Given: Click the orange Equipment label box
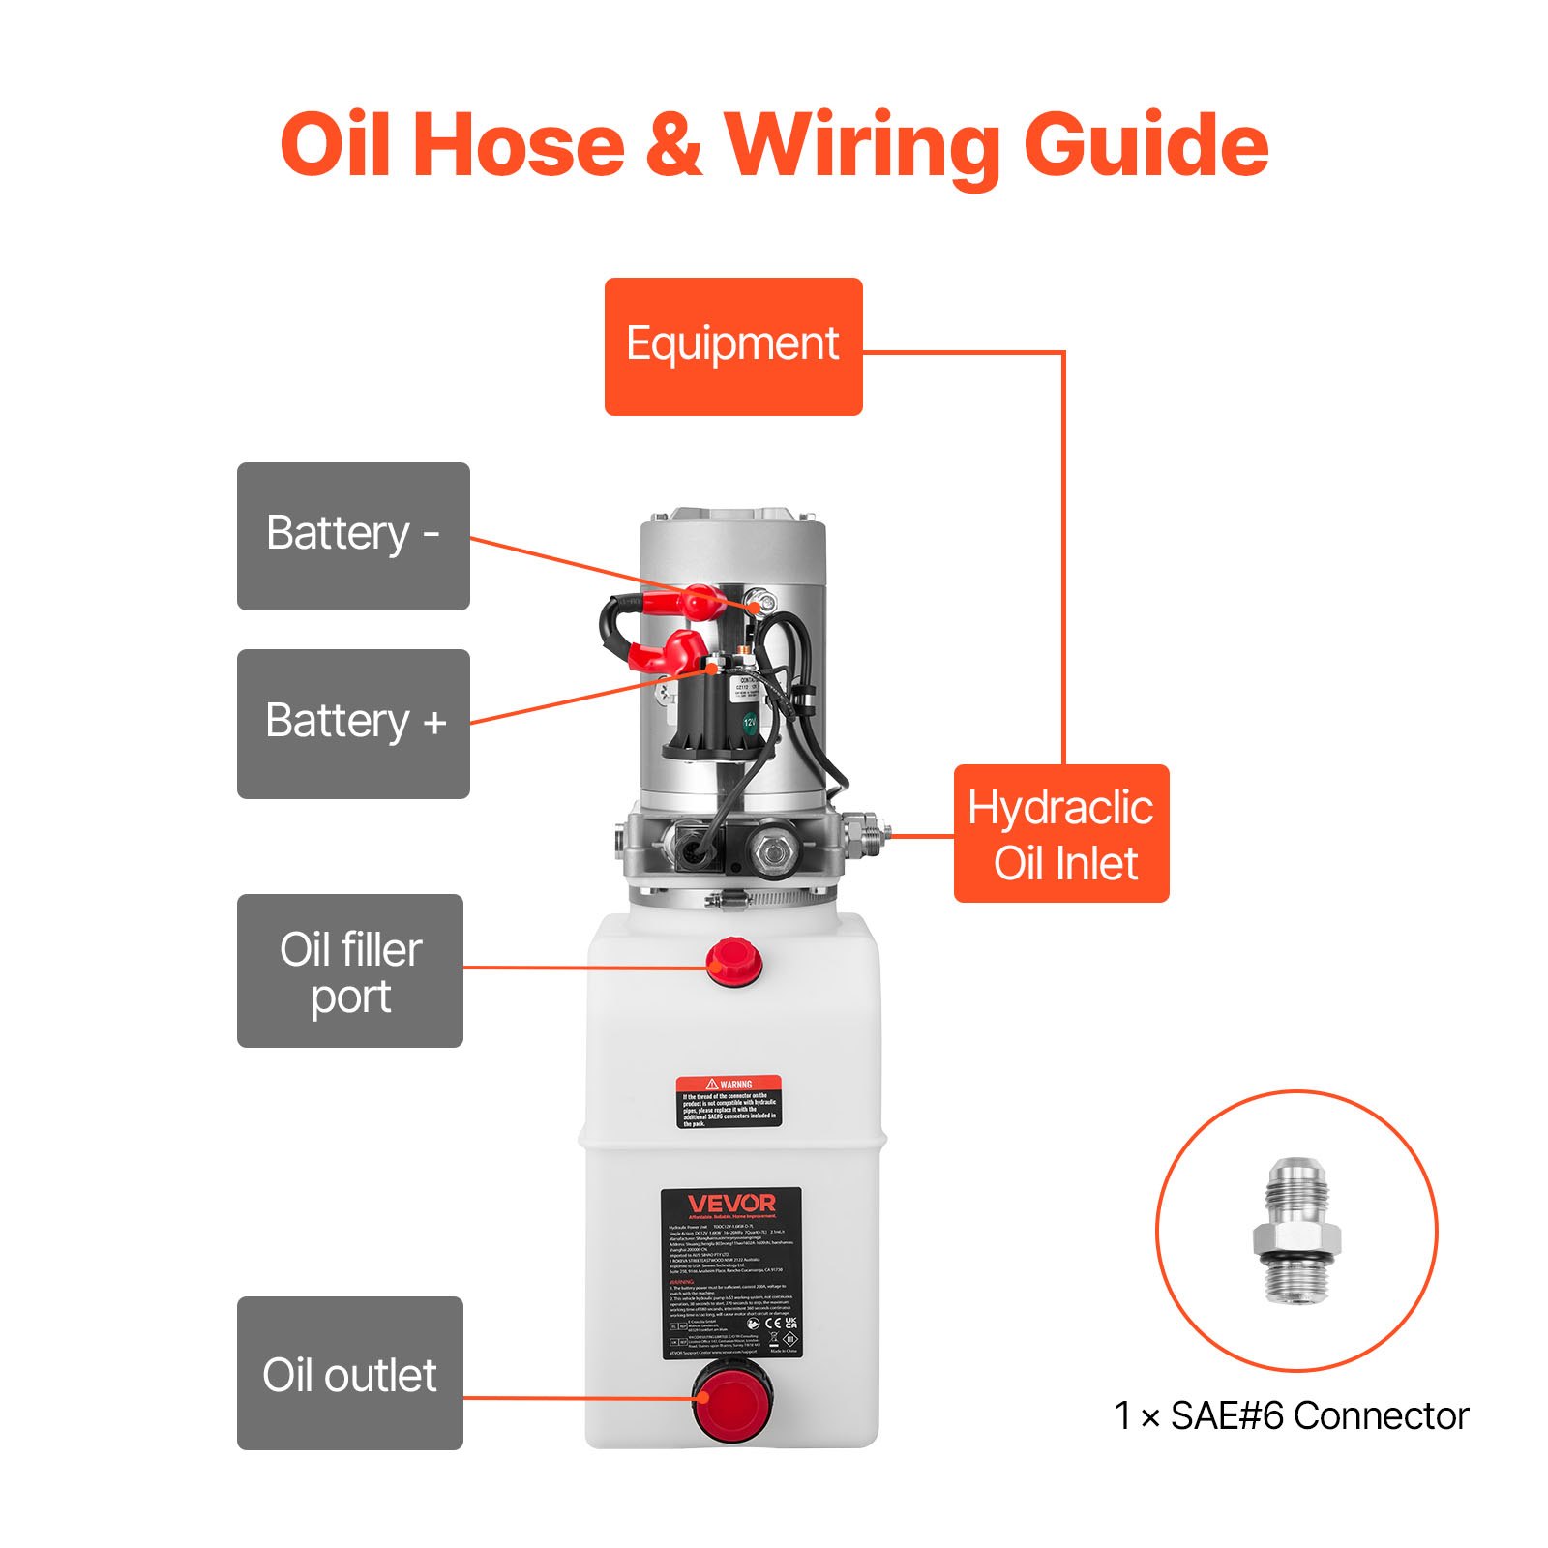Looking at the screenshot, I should (x=732, y=346).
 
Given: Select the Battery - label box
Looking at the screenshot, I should (x=353, y=536).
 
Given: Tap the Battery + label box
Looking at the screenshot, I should (x=353, y=723).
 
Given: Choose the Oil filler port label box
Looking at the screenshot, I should (x=350, y=970).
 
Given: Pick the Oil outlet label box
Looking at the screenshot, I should (x=350, y=1373).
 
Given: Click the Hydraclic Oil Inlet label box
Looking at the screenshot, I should (x=1061, y=834).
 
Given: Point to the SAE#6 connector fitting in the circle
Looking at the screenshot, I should (x=1296, y=1230).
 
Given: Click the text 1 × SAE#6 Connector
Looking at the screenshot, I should (x=1291, y=1415).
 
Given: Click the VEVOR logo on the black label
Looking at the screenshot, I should (x=731, y=1204).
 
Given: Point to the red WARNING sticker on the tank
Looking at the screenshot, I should (x=728, y=1101).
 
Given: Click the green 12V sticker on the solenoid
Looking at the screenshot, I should (x=750, y=722).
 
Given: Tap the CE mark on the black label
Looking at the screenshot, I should (x=773, y=1323).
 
